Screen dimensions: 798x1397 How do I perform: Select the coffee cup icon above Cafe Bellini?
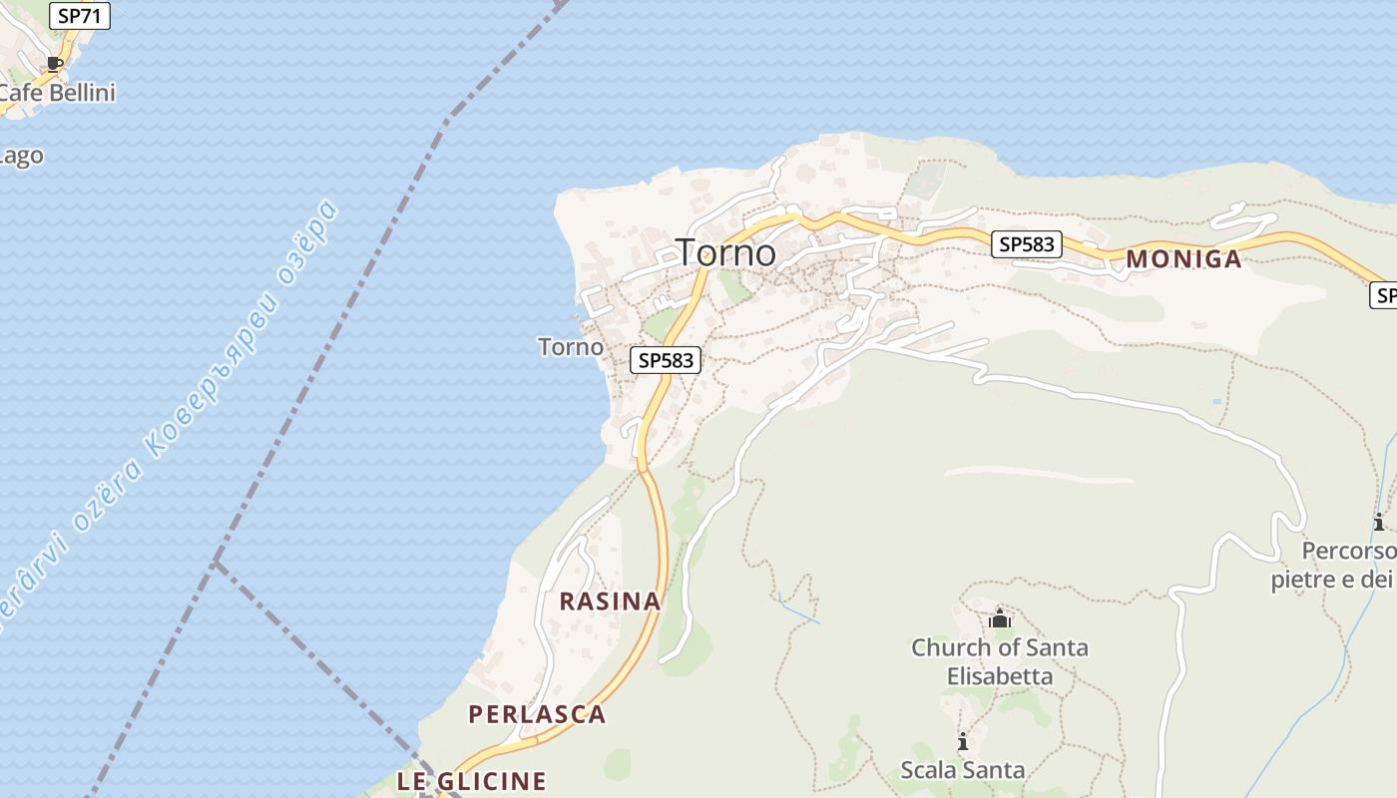(55, 64)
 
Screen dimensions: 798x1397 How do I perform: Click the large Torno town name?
(725, 252)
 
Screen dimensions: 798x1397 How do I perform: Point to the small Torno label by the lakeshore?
(571, 347)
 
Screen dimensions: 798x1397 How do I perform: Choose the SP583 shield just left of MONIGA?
(1027, 244)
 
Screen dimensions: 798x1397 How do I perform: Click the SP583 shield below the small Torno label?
(666, 360)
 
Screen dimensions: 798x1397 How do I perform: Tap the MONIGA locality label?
(1183, 259)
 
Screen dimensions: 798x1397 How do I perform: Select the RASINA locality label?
(610, 601)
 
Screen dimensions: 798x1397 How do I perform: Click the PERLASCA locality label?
(537, 714)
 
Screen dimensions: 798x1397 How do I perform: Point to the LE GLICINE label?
(471, 781)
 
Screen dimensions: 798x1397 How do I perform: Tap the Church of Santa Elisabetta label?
(999, 661)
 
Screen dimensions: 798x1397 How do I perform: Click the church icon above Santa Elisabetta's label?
(1000, 619)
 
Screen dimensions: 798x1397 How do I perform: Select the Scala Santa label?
(962, 770)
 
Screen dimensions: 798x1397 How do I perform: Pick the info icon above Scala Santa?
(962, 741)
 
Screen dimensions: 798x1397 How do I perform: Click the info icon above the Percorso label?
(1378, 522)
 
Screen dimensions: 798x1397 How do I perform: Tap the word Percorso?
(1348, 552)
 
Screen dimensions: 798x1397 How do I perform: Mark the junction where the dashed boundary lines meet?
(216, 564)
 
